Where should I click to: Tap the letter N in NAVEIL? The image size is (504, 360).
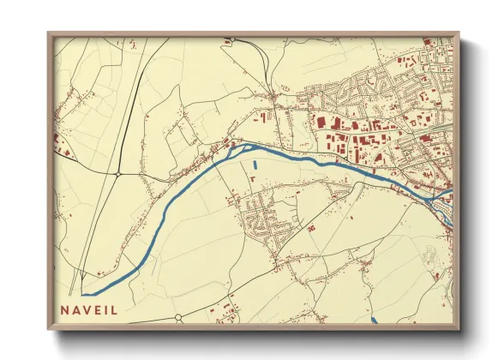click(x=65, y=309)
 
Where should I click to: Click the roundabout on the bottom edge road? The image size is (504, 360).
click(x=178, y=318)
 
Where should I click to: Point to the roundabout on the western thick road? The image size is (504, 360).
click(x=117, y=174)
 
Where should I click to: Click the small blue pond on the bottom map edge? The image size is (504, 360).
click(x=375, y=321)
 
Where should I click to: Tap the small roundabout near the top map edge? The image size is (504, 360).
click(x=230, y=39)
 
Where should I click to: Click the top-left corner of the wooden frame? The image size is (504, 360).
click(x=49, y=33)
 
